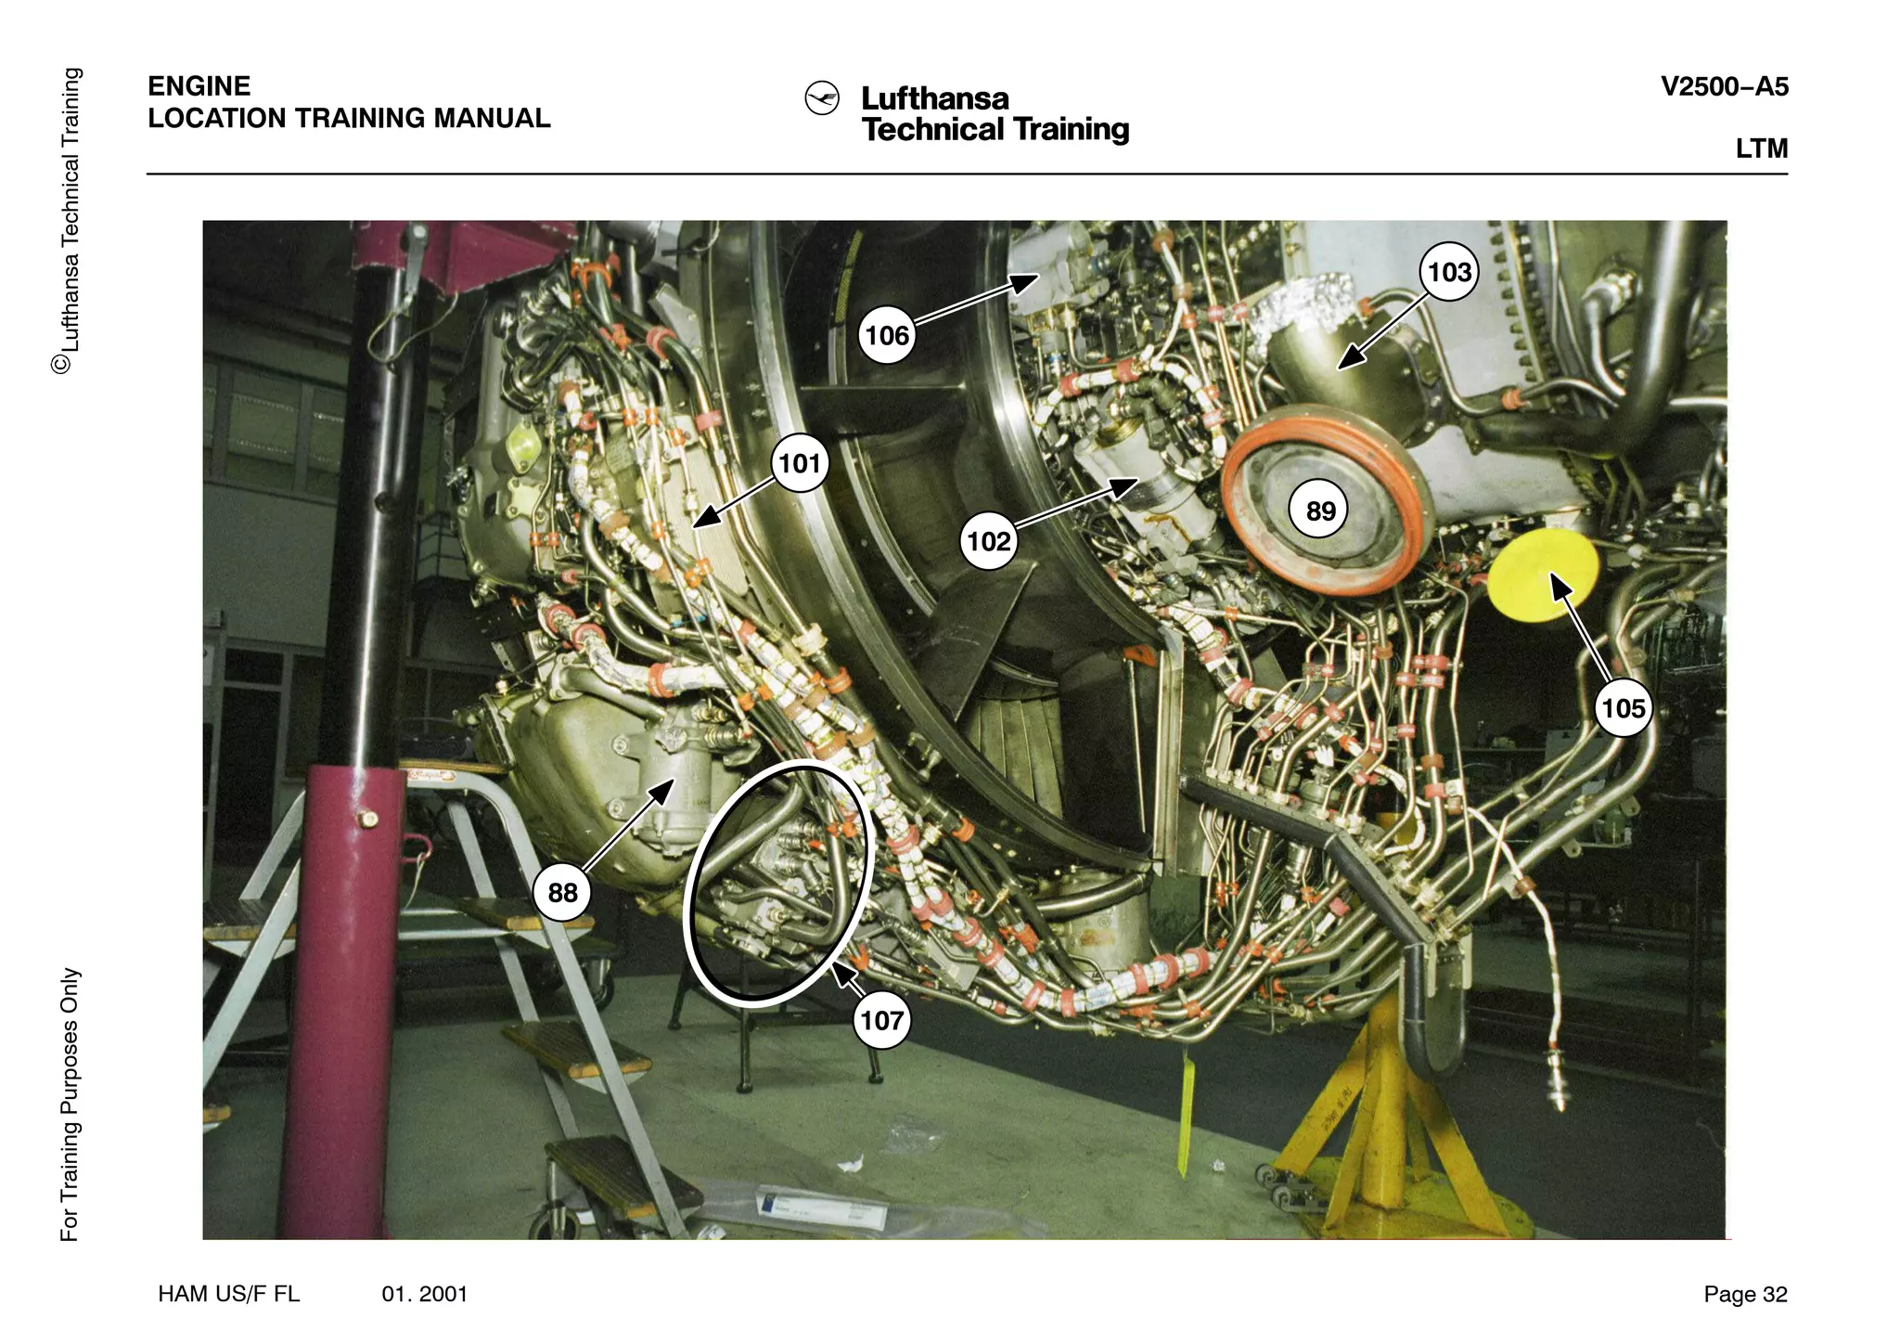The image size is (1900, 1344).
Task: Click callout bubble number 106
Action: pyautogui.click(x=887, y=335)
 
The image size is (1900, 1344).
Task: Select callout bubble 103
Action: pyautogui.click(x=1449, y=272)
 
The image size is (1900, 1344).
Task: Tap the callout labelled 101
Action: pyautogui.click(x=800, y=462)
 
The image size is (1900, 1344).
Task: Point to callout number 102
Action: pyautogui.click(x=988, y=541)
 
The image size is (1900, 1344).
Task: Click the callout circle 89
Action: pyautogui.click(x=1320, y=510)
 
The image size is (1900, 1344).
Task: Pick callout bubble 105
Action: pyautogui.click(x=1623, y=708)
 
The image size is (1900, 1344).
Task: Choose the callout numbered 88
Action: pyautogui.click(x=562, y=893)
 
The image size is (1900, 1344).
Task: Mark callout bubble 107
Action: pyautogui.click(x=881, y=1021)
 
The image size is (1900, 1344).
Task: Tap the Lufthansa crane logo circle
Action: pyautogui.click(x=822, y=98)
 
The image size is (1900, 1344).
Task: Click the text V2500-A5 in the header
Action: pyautogui.click(x=1724, y=87)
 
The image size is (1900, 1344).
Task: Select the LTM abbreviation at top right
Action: pyautogui.click(x=1761, y=149)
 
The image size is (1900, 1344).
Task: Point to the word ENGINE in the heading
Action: pyautogui.click(x=199, y=86)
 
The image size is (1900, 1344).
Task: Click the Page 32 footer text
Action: pyautogui.click(x=1744, y=1294)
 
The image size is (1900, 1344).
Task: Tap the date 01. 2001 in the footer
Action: pyautogui.click(x=425, y=1294)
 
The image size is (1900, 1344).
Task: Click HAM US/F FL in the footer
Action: pyautogui.click(x=228, y=1294)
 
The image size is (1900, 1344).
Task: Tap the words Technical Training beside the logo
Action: pyautogui.click(x=995, y=129)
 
